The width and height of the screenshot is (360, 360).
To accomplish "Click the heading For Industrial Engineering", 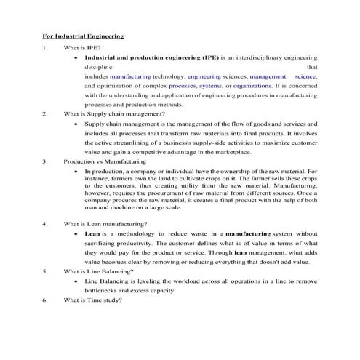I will click(83, 35).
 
